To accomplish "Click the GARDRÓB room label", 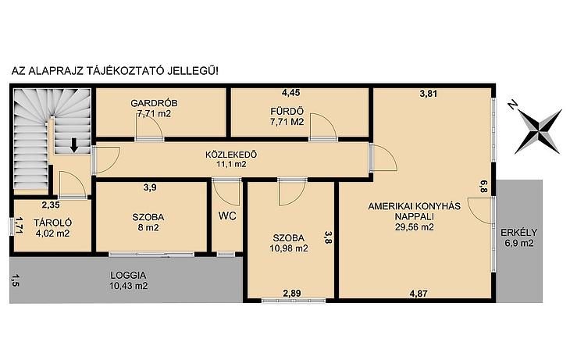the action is pyautogui.click(x=154, y=103).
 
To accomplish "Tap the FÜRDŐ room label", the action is pyautogui.click(x=287, y=111).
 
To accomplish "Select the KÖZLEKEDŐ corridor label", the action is pyautogui.click(x=231, y=155).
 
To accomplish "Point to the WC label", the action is pyautogui.click(x=227, y=216).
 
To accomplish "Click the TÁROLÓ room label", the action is pyautogui.click(x=53, y=223).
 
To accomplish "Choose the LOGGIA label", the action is pyautogui.click(x=128, y=276).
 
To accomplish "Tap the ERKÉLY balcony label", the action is pyautogui.click(x=518, y=233).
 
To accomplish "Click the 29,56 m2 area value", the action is pyautogui.click(x=415, y=227).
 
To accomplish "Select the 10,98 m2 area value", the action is pyautogui.click(x=289, y=248).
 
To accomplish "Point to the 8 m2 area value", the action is pyautogui.click(x=148, y=228).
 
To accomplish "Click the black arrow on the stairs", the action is pyautogui.click(x=74, y=144).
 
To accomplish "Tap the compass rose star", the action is pyautogui.click(x=538, y=132).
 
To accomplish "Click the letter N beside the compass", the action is pyautogui.click(x=512, y=106).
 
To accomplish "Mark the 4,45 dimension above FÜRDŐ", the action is pyautogui.click(x=290, y=93).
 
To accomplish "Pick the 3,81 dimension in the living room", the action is pyautogui.click(x=428, y=94).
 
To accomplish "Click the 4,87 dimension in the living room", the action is pyautogui.click(x=419, y=294).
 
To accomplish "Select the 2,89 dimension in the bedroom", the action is pyautogui.click(x=292, y=293).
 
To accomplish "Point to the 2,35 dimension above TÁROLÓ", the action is pyautogui.click(x=51, y=205).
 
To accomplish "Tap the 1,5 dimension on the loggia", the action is pyautogui.click(x=15, y=280).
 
